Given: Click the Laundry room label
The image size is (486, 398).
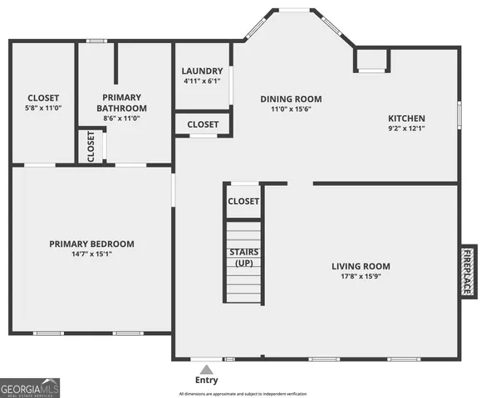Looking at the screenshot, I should click(203, 71).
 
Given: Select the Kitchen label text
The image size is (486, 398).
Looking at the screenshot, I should click(405, 119).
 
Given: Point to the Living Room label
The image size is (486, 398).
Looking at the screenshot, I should click(361, 266).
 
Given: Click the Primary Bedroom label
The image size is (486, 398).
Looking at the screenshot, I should click(91, 244).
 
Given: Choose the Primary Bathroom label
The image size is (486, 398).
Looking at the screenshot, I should click(121, 103).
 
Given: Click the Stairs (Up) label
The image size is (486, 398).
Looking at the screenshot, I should click(243, 257).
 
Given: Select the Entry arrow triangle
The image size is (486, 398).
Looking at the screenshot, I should click(206, 369).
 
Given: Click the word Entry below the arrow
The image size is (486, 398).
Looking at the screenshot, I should click(207, 381).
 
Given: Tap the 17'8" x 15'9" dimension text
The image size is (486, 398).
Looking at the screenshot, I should click(361, 277).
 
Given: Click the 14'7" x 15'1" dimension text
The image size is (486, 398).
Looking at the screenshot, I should click(91, 255).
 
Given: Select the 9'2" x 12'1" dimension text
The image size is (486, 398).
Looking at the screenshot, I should click(406, 129).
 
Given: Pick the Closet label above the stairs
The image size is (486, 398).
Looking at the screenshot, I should click(243, 201).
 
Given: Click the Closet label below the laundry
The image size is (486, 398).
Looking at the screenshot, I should click(203, 124).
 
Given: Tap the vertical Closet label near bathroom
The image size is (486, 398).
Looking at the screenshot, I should click(91, 146).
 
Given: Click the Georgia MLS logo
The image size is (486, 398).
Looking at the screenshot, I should click(30, 388).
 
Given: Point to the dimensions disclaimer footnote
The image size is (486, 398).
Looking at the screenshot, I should click(243, 393).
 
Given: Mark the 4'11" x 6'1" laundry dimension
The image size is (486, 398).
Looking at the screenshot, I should click(203, 81).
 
